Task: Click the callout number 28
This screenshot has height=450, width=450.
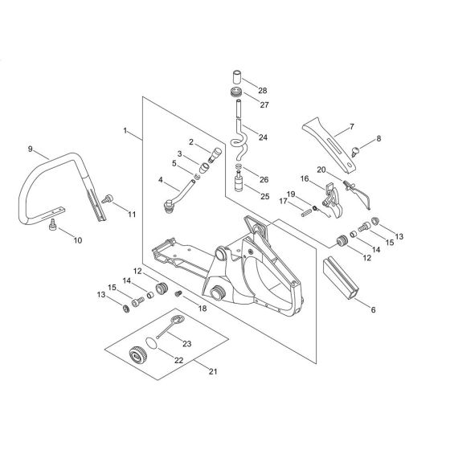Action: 262,91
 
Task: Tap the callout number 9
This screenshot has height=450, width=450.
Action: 31,149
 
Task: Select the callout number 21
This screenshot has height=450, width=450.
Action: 213,371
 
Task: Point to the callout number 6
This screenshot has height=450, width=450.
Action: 373,310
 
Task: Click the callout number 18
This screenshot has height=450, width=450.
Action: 202,309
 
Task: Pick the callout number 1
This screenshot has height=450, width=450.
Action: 125,130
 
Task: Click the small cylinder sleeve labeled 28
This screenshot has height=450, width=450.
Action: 237,77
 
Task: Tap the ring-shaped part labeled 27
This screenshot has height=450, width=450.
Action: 237,92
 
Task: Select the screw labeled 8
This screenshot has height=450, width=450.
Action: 355,151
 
